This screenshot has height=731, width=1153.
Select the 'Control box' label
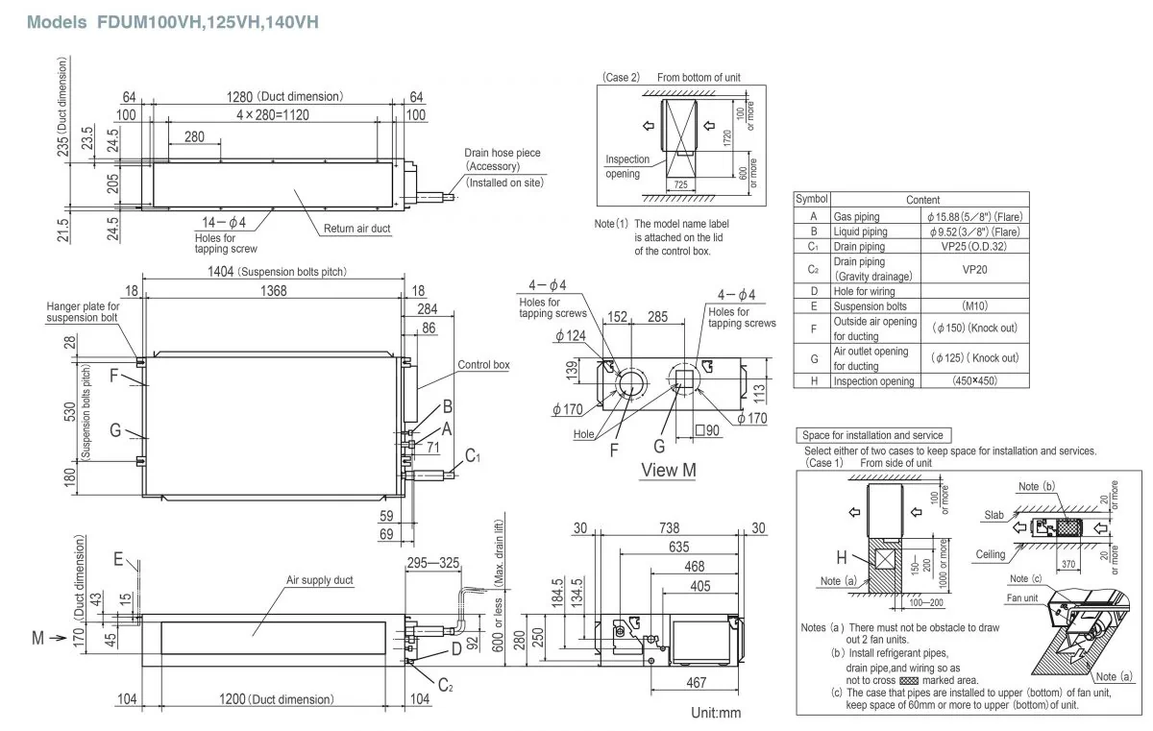pyautogui.click(x=482, y=365)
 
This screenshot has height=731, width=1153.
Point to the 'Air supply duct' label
pyautogui.click(x=320, y=580)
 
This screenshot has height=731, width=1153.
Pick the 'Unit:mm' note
pyautogui.click(x=716, y=713)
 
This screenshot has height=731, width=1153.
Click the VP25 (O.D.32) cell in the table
pyautogui.click(x=974, y=247)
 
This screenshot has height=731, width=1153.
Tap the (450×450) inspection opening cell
pyautogui.click(x=974, y=380)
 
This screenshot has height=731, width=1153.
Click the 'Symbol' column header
pyautogui.click(x=812, y=199)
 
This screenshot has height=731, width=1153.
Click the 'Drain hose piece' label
pyautogui.click(x=502, y=153)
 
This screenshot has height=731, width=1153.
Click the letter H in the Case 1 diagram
pyautogui.click(x=842, y=556)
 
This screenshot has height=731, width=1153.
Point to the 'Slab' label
pyautogui.click(x=994, y=515)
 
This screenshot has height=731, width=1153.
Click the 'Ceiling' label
pyautogui.click(x=991, y=554)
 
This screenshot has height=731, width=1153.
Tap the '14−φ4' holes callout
pyautogui.click(x=226, y=223)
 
